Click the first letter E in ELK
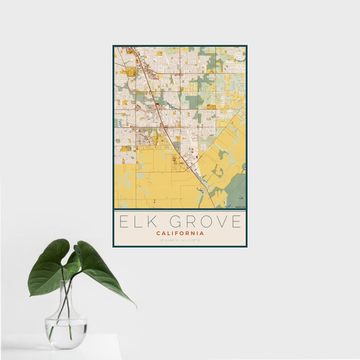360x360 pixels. pyautogui.click(x=123, y=222)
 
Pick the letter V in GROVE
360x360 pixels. pyautogui.click(x=222, y=222)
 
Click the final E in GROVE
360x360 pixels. pyautogui.click(x=236, y=222)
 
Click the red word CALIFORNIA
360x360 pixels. pyautogui.click(x=180, y=233)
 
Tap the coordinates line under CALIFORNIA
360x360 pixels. pyautogui.click(x=180, y=240)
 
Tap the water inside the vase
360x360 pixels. pyautogui.click(x=66, y=327)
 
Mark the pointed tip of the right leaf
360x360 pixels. pyautogui.click(x=135, y=307)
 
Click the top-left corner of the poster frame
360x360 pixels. pyautogui.click(x=114, y=46)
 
